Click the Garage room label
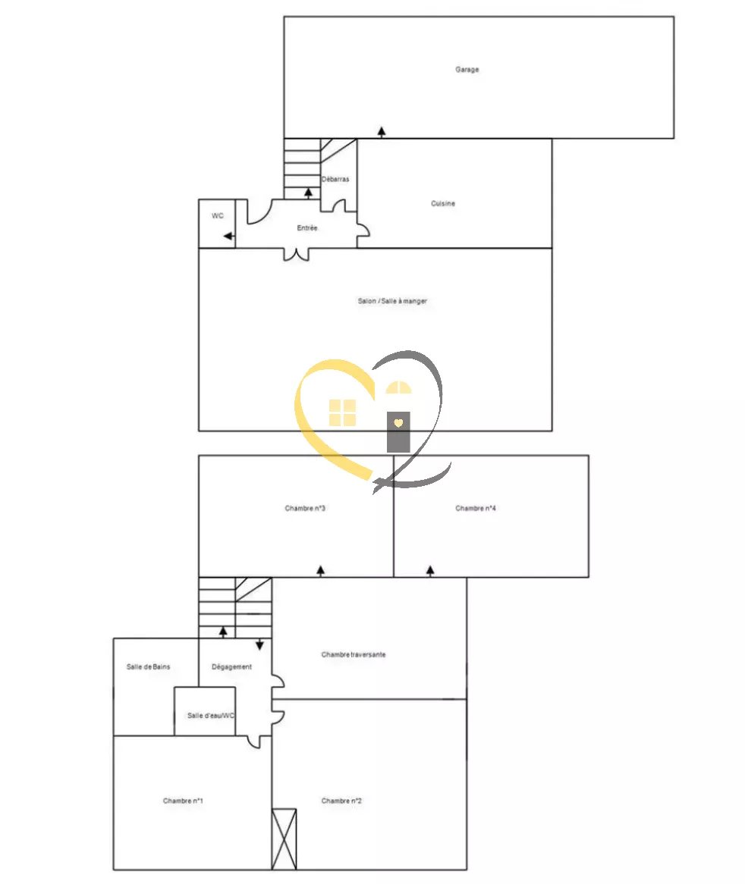(467, 70)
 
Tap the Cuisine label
(443, 203)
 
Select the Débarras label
(335, 180)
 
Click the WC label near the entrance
(218, 216)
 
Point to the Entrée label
(307, 228)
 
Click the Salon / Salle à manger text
(392, 301)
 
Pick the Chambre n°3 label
(305, 508)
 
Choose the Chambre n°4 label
(476, 508)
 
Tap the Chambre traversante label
(353, 654)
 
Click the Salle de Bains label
(148, 666)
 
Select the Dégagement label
(231, 667)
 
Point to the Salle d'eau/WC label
(206, 716)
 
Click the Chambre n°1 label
(182, 801)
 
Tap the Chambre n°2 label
(341, 801)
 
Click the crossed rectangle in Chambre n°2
(284, 839)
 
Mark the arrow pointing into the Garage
(382, 132)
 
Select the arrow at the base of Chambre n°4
(430, 570)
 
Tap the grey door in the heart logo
(398, 431)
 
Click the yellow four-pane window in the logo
(342, 412)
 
